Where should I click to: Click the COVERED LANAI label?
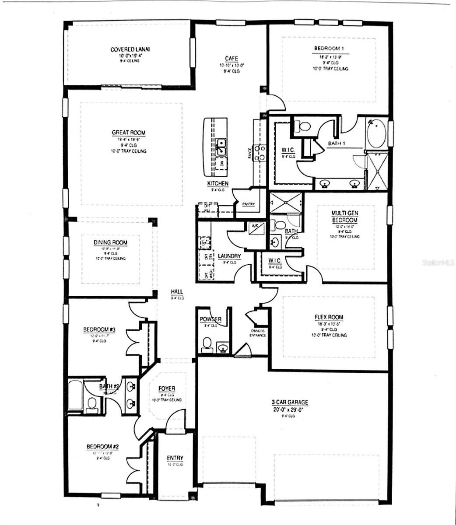[x=127, y=49]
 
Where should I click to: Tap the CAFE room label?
[x=232, y=59]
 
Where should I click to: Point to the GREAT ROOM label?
[x=128, y=133]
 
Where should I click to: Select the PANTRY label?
[x=248, y=204]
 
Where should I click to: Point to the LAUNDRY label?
[x=230, y=256]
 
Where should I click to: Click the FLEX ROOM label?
[x=329, y=317]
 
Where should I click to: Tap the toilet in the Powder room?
[x=206, y=345]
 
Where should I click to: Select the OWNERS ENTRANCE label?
[x=256, y=333]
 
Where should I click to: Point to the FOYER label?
[x=167, y=388]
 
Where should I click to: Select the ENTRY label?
[x=175, y=458]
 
